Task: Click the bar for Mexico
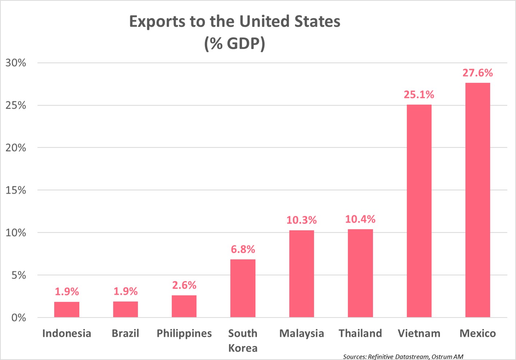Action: pyautogui.click(x=477, y=200)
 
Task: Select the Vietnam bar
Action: pyautogui.click(x=419, y=211)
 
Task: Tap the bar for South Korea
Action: pyautogui.click(x=243, y=288)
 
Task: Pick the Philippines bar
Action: pyautogui.click(x=184, y=306)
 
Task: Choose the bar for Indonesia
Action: pyautogui.click(x=67, y=309)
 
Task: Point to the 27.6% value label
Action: pyautogui.click(x=477, y=73)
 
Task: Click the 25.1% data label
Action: pyautogui.click(x=419, y=95)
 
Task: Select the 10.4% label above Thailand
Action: pyautogui.click(x=360, y=219)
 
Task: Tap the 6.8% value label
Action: pyautogui.click(x=243, y=249)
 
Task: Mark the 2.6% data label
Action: pyautogui.click(x=184, y=285)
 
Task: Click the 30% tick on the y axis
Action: pyautogui.click(x=16, y=63)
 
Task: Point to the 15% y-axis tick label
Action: pyautogui.click(x=16, y=190)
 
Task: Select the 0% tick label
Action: pyautogui.click(x=19, y=318)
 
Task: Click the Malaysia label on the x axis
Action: pyautogui.click(x=301, y=333)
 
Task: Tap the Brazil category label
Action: pyautogui.click(x=125, y=333)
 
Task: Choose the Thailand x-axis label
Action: pyautogui.click(x=360, y=333)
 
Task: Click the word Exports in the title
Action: pyautogui.click(x=157, y=22)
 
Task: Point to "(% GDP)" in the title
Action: pyautogui.click(x=235, y=44)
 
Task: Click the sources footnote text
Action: pyautogui.click(x=403, y=357)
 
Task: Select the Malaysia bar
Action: pyautogui.click(x=301, y=274)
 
